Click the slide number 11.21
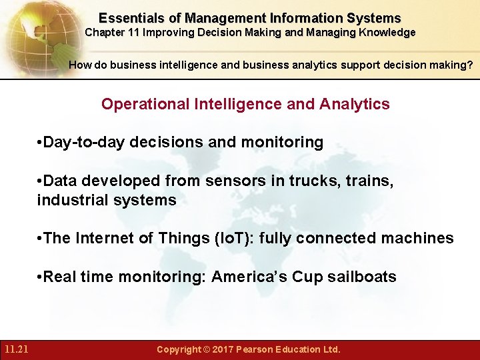tap(15, 349)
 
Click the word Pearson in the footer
tap(260, 349)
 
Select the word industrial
tap(69, 200)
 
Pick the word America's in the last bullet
tap(241, 277)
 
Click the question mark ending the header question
tap(471, 65)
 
